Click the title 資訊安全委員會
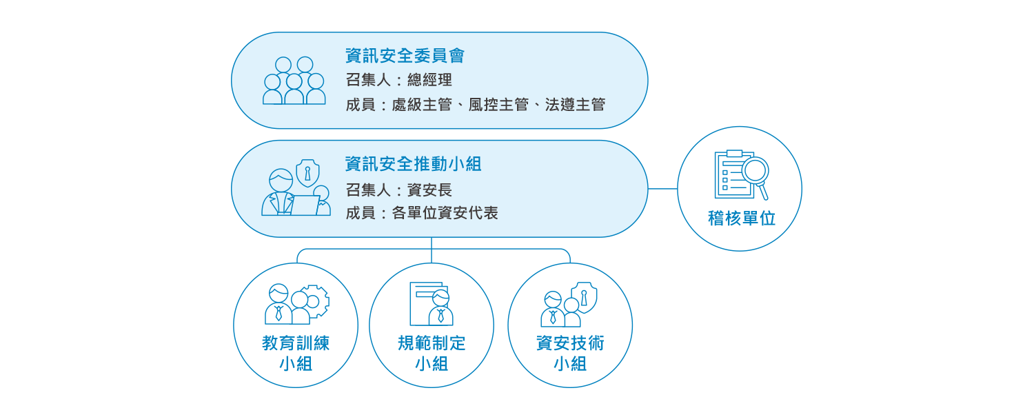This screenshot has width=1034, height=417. coord(405,56)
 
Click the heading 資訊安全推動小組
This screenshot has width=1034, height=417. coord(413,164)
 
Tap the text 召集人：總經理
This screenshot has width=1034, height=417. coord(399,80)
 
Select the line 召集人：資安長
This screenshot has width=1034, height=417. coord(399,190)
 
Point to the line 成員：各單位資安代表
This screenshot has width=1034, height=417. coord(422,213)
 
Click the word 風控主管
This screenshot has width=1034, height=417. coord(498,105)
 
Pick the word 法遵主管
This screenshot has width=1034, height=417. coord(575,105)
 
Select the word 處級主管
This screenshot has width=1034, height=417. coord(422,105)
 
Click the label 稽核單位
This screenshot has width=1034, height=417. coord(742,218)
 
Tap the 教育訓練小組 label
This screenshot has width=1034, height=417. coord(296,354)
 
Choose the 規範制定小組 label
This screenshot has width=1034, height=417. coord(432,354)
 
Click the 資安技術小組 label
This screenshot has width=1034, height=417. coord(570,354)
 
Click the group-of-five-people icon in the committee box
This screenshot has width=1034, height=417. coord(294,81)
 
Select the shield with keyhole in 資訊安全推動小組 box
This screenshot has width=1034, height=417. coord(307,173)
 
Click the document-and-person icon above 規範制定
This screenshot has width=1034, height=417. coord(432,304)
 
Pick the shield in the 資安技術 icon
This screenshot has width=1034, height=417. coord(585,297)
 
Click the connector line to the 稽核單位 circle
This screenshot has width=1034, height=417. coord(663,188)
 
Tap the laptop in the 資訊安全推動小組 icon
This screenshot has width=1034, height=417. coord(305,205)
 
